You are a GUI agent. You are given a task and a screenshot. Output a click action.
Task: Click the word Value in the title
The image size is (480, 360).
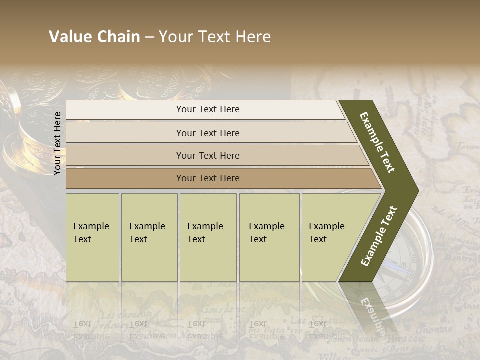(x=69, y=37)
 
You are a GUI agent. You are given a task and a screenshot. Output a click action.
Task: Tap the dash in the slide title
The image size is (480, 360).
(x=149, y=37)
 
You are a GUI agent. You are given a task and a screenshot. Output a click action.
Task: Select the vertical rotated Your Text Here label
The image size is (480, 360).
(x=57, y=143)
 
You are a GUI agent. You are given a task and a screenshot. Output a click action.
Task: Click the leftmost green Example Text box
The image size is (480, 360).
(x=92, y=237)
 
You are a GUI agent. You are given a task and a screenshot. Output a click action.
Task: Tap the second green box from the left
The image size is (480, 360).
(x=149, y=237)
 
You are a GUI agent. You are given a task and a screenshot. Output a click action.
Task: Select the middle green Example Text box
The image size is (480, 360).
(x=208, y=237)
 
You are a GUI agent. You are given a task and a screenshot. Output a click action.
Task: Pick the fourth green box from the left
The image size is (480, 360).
(x=269, y=237)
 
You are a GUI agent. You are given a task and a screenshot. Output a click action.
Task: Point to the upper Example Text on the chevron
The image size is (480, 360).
(x=377, y=142)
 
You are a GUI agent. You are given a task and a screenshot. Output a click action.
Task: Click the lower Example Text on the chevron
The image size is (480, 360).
(x=379, y=236)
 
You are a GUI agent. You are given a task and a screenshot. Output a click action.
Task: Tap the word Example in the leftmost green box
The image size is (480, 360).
(x=91, y=226)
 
